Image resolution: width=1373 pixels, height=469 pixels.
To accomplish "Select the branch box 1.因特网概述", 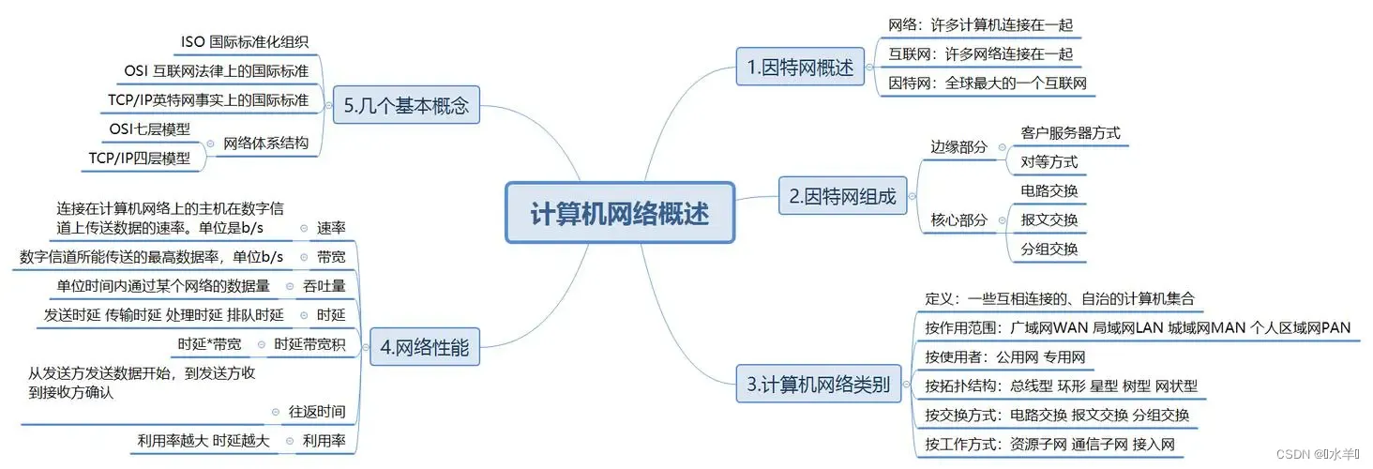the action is [800, 68].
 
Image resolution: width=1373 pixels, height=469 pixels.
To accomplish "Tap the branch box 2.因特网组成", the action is [842, 197].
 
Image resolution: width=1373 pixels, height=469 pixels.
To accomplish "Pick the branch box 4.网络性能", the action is [425, 348].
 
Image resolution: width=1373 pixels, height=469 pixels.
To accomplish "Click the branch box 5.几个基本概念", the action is [405, 107].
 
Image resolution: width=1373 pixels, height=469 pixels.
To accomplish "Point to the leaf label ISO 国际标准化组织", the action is [244, 42].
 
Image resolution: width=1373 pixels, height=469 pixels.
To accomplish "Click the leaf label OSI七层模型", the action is [149, 129].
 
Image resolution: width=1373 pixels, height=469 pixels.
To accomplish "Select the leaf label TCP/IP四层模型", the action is [139, 159].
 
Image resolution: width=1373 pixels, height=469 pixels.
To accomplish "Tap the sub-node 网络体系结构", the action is [265, 144].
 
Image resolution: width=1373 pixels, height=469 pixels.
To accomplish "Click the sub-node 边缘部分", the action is [958, 147].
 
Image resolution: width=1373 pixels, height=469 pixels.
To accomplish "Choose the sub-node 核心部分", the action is [958, 220].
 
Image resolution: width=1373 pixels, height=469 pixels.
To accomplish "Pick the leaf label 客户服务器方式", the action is [1070, 133].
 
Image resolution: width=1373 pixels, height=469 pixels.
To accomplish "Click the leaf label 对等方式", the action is [1049, 162].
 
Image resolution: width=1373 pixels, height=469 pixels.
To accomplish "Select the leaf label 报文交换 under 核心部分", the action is [1049, 220].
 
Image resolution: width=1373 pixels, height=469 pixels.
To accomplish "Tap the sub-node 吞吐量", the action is [324, 286].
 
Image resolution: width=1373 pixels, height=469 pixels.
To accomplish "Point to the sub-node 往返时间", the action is [317, 411].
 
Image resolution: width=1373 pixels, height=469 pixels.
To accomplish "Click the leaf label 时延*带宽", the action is [209, 344].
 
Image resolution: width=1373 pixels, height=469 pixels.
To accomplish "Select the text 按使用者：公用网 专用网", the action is [1004, 356].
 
